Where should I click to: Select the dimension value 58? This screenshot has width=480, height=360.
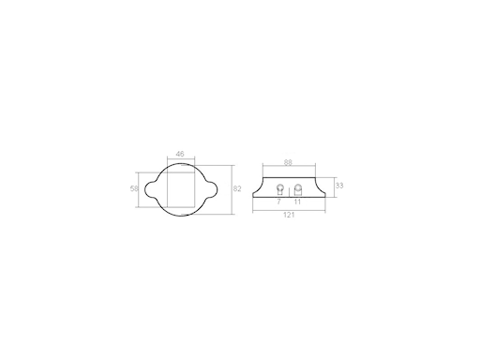click(x=133, y=188)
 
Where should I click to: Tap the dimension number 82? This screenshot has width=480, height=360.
click(x=237, y=189)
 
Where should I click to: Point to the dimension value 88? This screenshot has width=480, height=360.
click(x=287, y=163)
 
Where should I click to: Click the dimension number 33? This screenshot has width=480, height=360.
click(x=339, y=186)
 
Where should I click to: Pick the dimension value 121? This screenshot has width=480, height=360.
click(x=290, y=216)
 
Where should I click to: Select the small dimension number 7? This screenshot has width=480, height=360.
click(x=278, y=201)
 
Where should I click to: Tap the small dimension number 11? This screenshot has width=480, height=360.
click(x=297, y=201)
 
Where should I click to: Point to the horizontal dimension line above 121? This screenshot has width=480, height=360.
click(x=290, y=209)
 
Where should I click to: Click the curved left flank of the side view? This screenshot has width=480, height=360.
click(x=259, y=187)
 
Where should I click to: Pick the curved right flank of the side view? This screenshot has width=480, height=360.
click(x=321, y=187)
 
